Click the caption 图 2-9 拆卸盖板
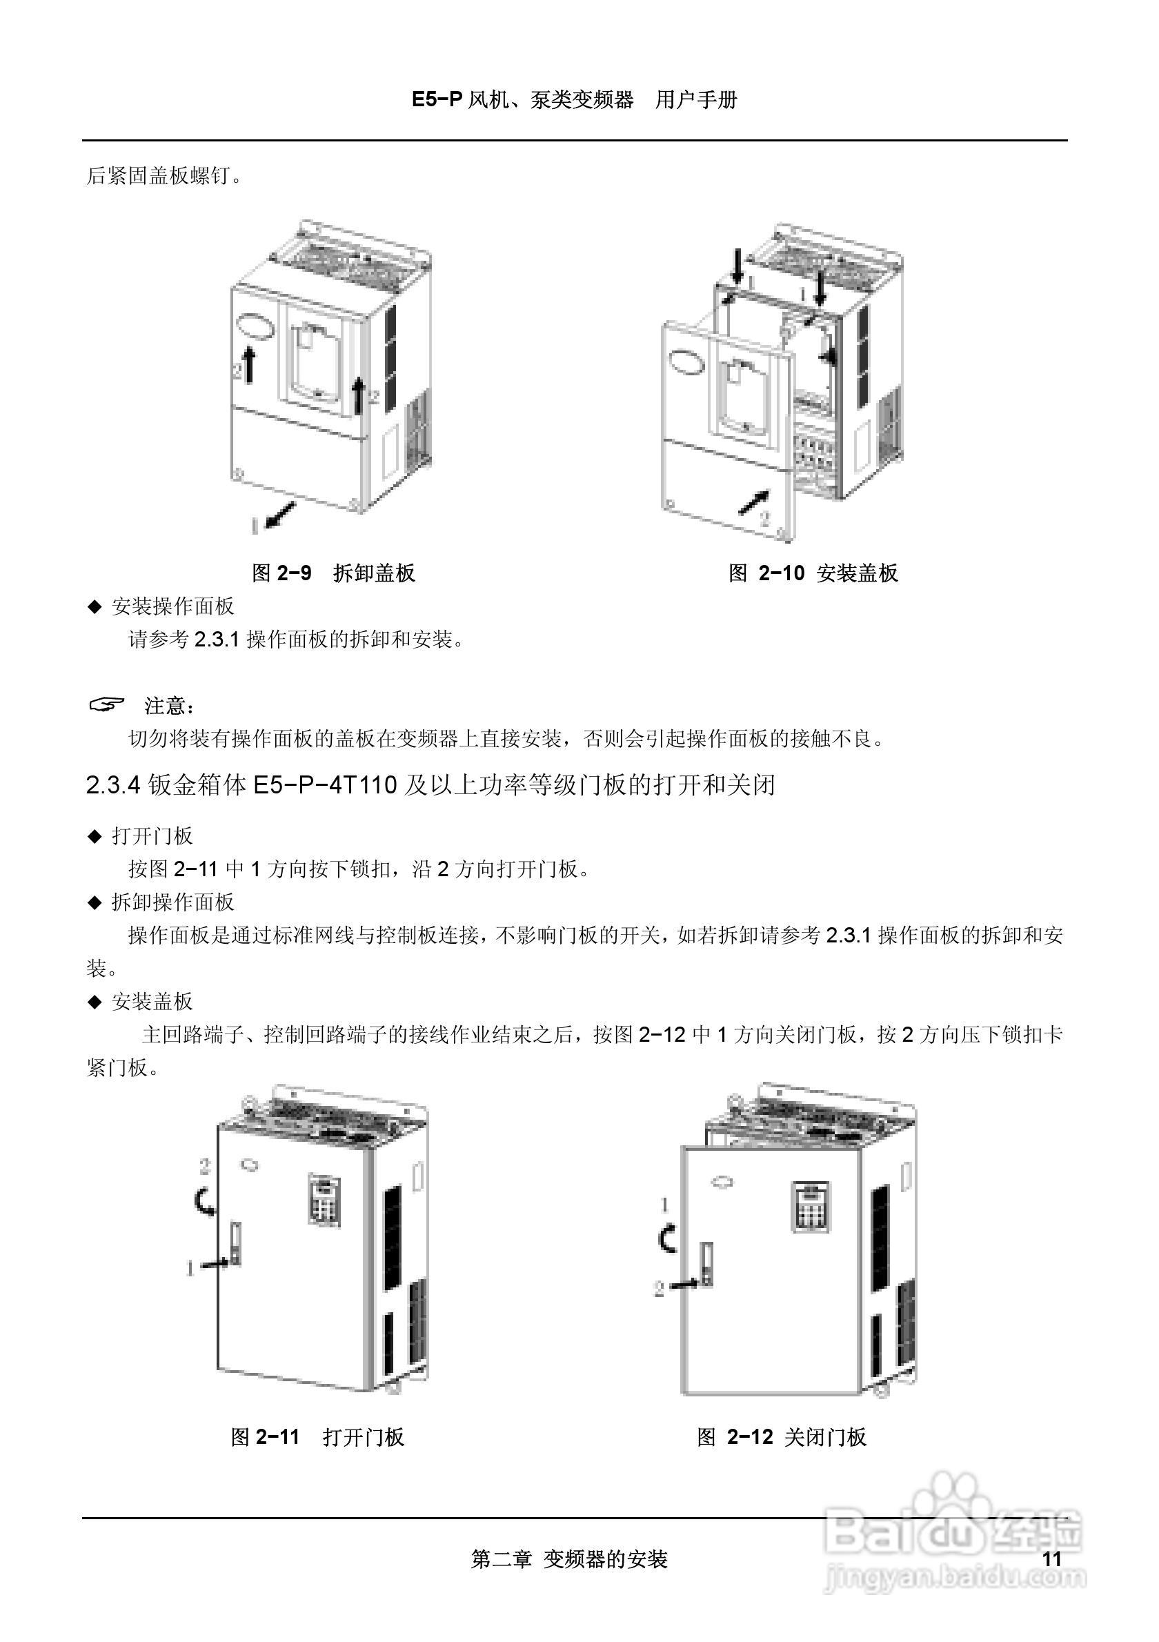333,573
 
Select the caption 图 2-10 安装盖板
813,573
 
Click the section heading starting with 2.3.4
430,785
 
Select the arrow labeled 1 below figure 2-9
279,514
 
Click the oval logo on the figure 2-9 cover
256,326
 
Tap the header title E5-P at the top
437,99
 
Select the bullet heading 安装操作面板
172,606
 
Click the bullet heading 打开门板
152,835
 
